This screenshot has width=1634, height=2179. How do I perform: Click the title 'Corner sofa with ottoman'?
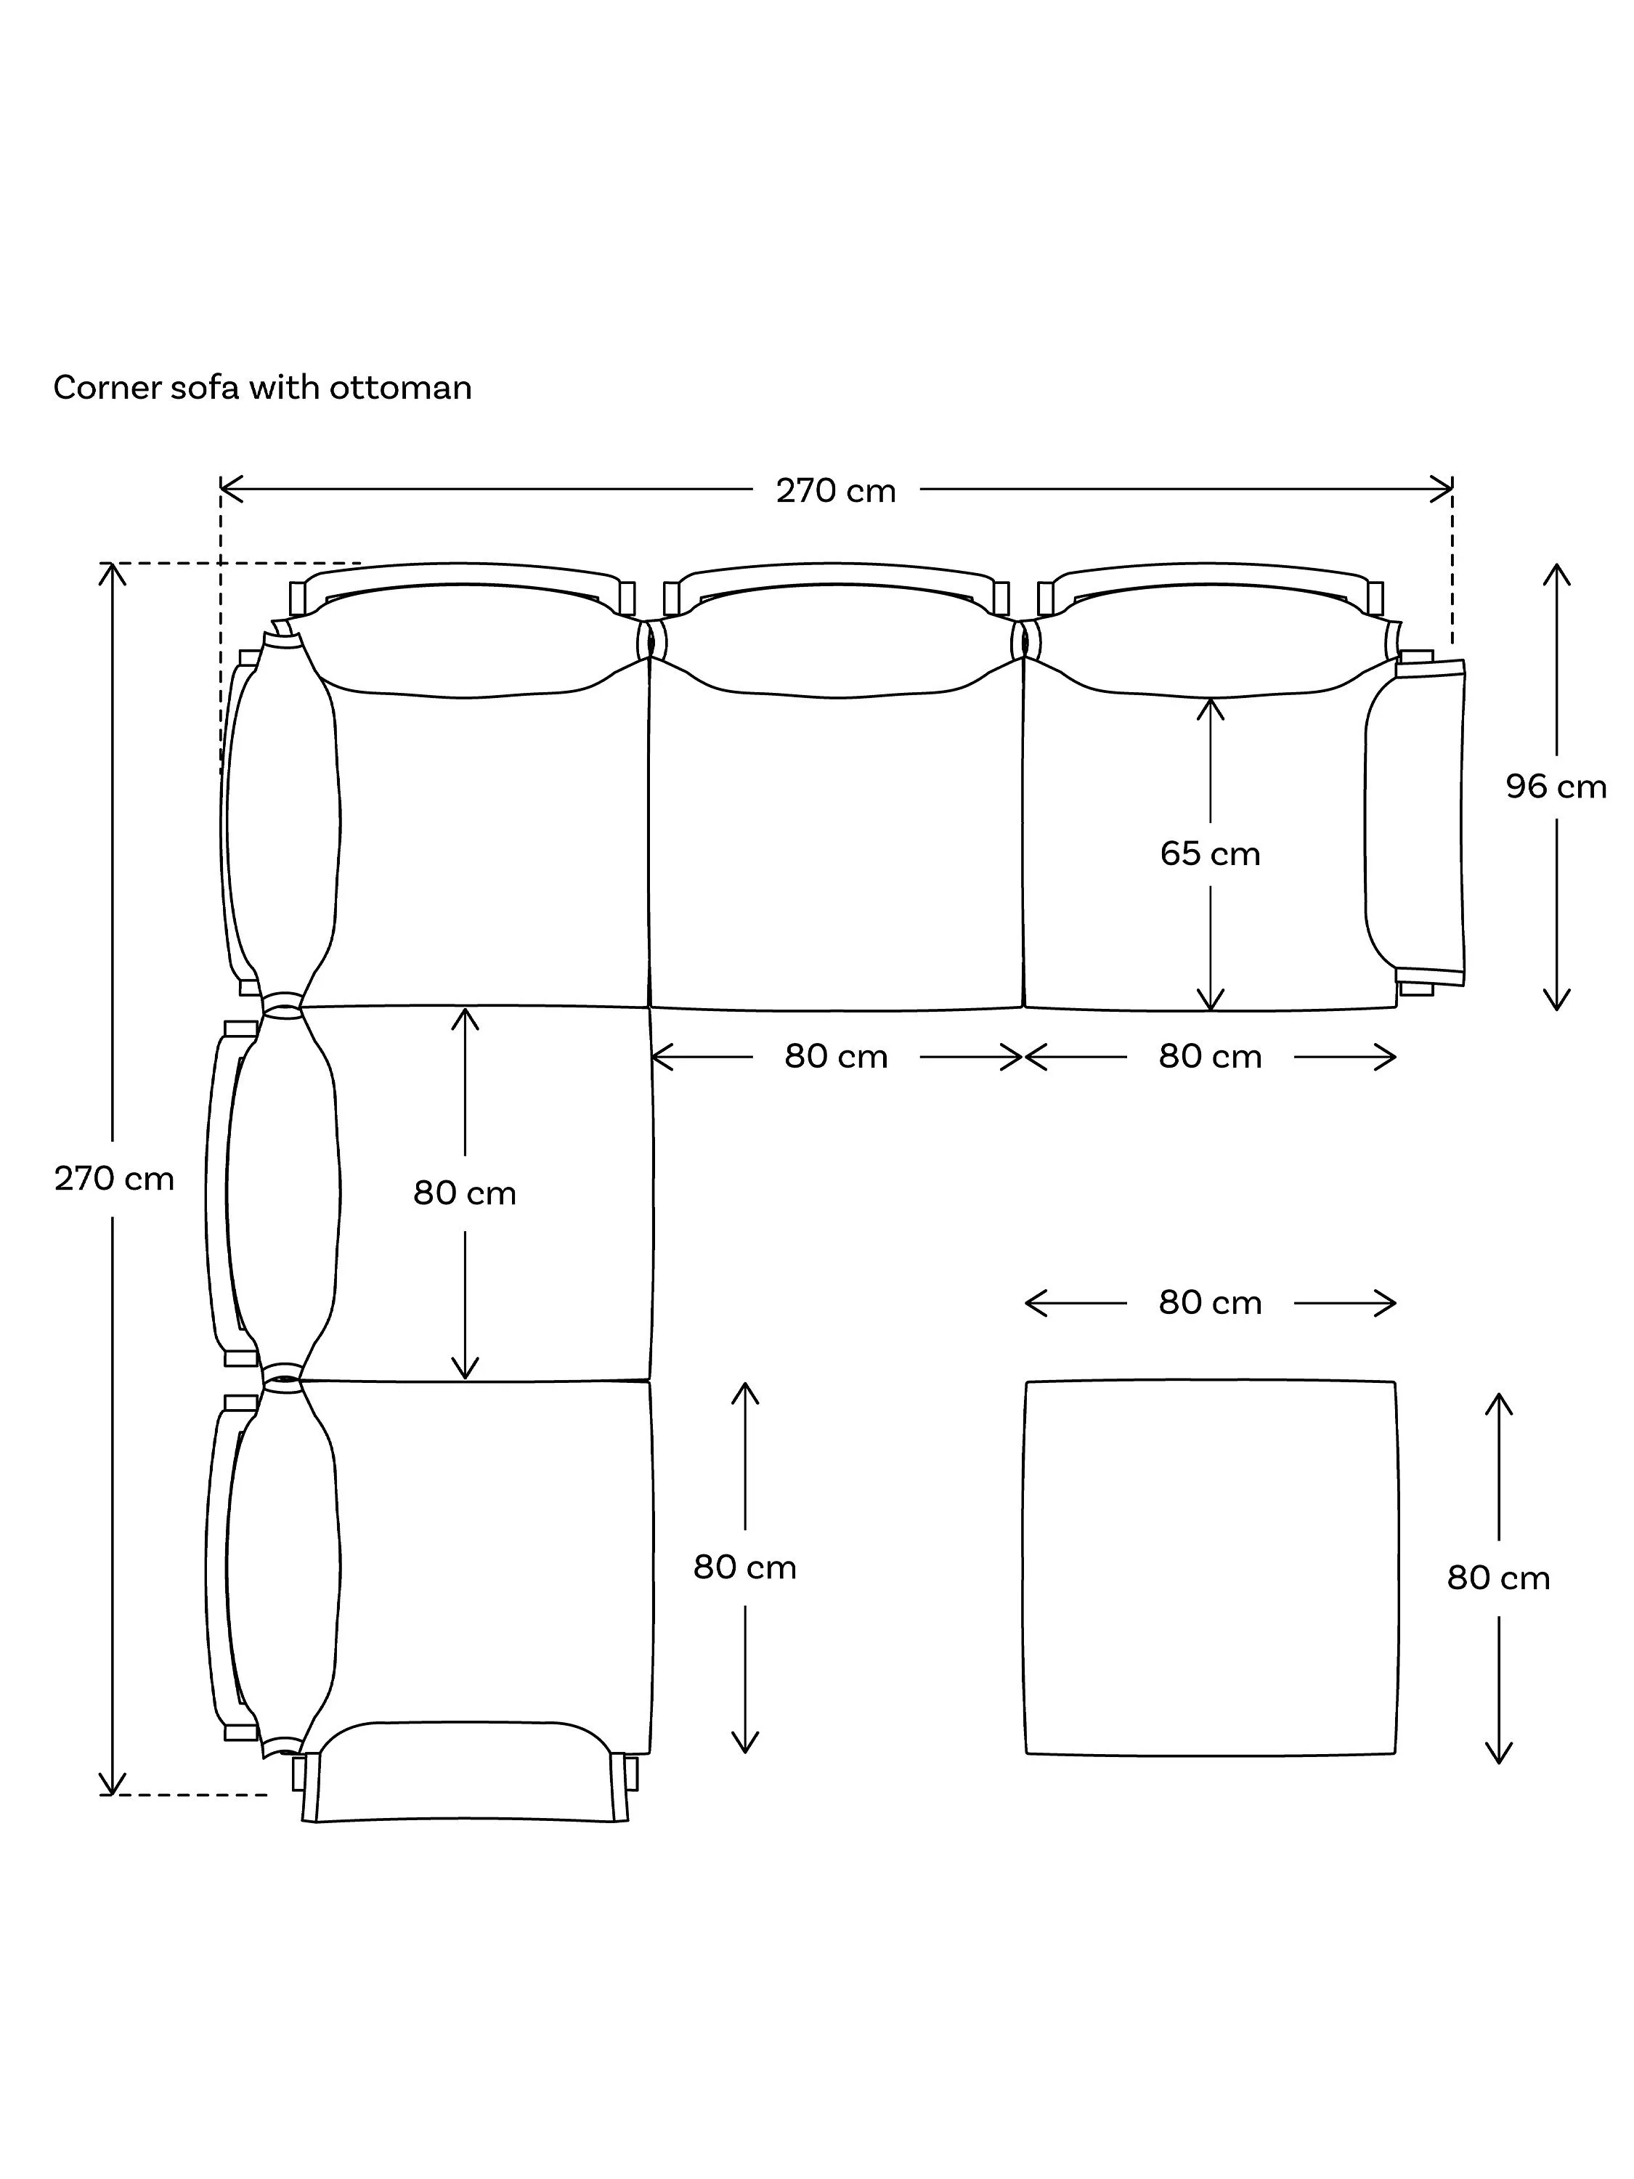coord(262,388)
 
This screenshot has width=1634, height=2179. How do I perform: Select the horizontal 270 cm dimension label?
coord(836,490)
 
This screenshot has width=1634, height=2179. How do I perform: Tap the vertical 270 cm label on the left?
coord(114,1178)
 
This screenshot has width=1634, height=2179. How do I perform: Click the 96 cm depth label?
coord(1556,786)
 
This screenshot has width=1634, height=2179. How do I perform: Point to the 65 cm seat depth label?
coord(1211,853)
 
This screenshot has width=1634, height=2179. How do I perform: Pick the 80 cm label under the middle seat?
coord(836,1056)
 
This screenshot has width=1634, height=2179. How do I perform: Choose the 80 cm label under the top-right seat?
coord(1211,1056)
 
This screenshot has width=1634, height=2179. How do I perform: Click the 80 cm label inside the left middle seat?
coord(465,1193)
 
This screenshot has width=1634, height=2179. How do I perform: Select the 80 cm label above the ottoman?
coord(1211,1302)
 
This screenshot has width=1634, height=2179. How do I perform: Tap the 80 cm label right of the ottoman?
coord(1498,1578)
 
